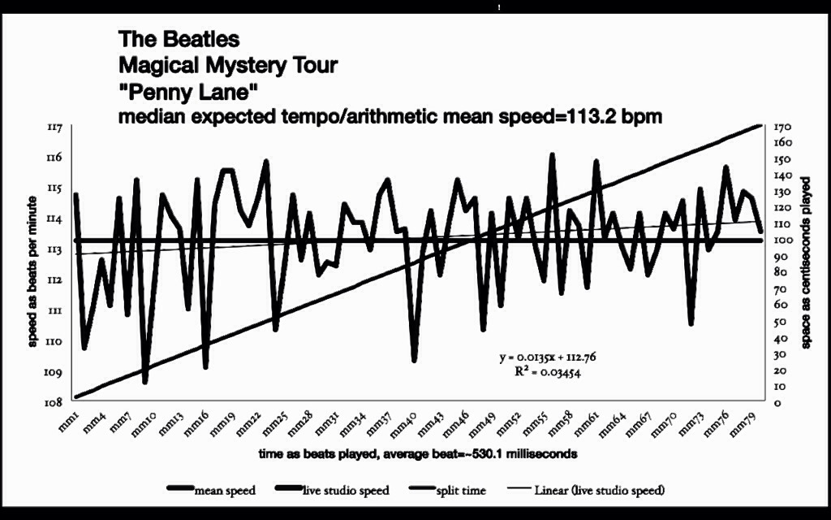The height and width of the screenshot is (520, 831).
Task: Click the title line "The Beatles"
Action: pyautogui.click(x=179, y=39)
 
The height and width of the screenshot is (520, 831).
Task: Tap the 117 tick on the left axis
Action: pyautogui.click(x=57, y=128)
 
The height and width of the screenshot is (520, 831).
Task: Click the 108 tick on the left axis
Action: pyautogui.click(x=57, y=402)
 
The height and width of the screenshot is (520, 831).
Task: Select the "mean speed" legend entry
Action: pyautogui.click(x=224, y=490)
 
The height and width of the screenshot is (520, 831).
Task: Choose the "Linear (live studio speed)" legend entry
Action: pyautogui.click(x=600, y=490)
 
